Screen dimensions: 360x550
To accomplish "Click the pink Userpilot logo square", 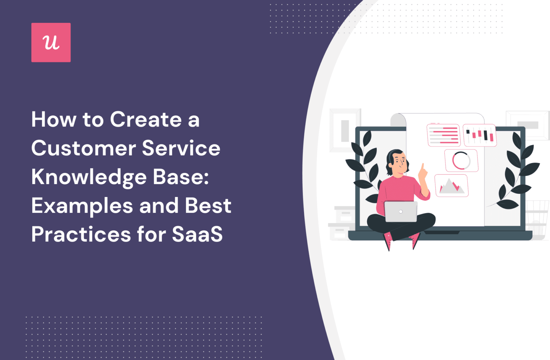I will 51,42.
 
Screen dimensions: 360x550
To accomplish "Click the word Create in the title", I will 146,119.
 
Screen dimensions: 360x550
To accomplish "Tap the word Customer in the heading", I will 83,148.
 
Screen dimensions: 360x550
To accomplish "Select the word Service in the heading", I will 181,148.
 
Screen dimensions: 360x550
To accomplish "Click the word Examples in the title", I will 82,206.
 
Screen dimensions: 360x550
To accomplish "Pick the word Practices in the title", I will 81,235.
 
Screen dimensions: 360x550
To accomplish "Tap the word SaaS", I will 197,235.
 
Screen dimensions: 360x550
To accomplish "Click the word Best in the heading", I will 208,206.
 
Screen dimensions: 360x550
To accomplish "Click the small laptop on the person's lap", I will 401,211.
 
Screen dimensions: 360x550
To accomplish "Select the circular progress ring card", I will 461,160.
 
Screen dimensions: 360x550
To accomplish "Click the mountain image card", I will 452,186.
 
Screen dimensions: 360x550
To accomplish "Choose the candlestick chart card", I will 479,135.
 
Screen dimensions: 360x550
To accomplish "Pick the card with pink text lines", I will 444,135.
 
